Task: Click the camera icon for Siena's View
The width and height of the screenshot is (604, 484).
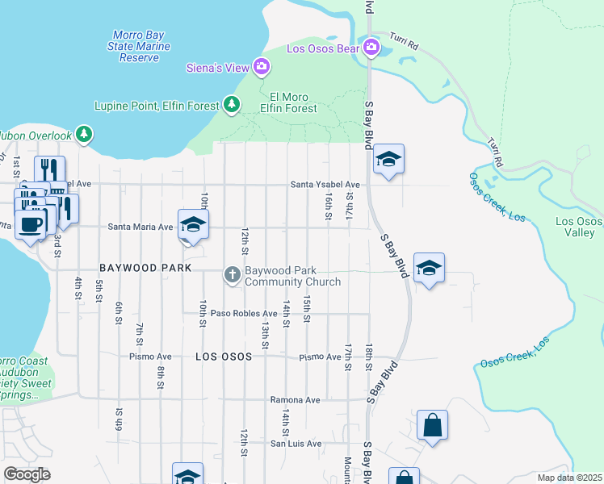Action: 261,68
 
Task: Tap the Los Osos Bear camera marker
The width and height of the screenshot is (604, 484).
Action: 371,47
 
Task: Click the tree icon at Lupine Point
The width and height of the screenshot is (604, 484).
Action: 232,105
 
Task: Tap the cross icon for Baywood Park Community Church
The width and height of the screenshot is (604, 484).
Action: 232,275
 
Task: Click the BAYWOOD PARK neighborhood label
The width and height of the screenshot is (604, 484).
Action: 145,267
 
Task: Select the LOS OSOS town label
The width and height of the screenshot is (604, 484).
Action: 224,356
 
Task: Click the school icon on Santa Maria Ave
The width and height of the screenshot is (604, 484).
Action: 194,226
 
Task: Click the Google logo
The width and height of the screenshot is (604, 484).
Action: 27,474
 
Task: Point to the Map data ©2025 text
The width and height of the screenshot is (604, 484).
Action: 569,478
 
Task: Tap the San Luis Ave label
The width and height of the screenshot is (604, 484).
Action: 296,443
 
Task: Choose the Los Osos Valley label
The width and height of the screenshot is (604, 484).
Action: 579,227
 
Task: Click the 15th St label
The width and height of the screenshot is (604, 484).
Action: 307,309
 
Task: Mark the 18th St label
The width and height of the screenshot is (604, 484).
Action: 367,355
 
